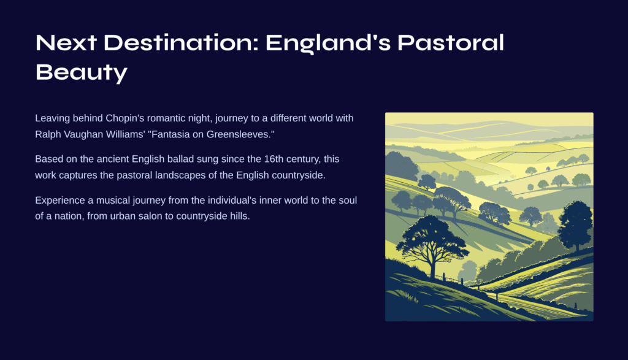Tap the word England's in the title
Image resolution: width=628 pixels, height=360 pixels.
click(328, 44)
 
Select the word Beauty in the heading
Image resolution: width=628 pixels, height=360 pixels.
click(82, 73)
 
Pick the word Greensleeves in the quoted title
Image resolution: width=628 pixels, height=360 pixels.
click(239, 134)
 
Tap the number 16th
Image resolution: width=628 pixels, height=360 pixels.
click(273, 159)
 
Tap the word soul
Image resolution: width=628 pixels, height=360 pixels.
click(348, 200)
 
